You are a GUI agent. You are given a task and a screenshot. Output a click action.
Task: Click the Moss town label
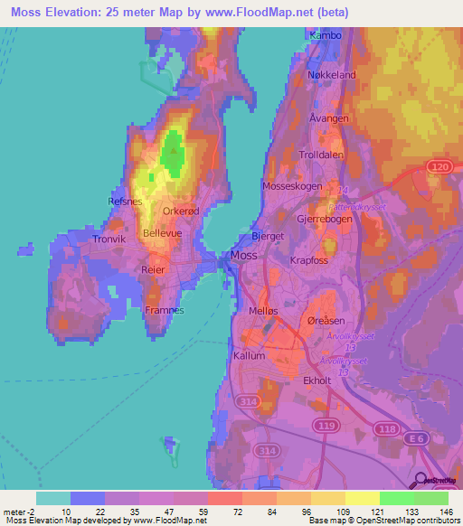tap(244, 256)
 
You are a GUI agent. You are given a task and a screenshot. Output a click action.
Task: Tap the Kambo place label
tap(326, 35)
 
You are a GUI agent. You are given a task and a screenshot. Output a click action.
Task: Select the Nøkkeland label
tap(332, 75)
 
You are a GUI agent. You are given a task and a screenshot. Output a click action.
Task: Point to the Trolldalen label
tap(324, 155)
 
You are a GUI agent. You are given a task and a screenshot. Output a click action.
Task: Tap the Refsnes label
tap(125, 202)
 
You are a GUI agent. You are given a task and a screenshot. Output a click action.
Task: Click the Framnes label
tap(165, 310)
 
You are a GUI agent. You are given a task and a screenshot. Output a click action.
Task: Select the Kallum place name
tap(250, 355)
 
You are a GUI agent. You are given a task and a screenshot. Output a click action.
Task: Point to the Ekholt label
tap(321, 380)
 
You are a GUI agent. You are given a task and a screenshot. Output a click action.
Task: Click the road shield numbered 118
tap(389, 431)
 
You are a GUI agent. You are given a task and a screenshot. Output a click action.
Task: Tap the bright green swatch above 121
tap(397, 497)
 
